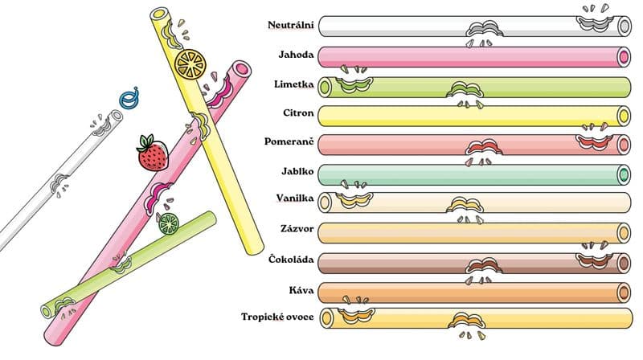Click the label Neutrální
pyautogui.click(x=291, y=25)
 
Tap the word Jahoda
pyautogui.click(x=296, y=55)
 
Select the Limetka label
pyautogui.click(x=294, y=84)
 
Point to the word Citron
pyautogui.click(x=298, y=112)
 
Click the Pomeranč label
pyautogui.click(x=289, y=142)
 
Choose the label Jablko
pyautogui.click(x=297, y=171)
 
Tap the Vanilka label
pyautogui.click(x=295, y=198)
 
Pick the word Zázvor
pyautogui.click(x=297, y=228)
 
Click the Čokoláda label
pyautogui.click(x=291, y=259)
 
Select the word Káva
pyautogui.click(x=301, y=290)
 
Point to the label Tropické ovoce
pyautogui.click(x=277, y=317)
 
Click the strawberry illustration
pyautogui.click(x=153, y=153)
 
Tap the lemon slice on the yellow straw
pyautogui.click(x=190, y=64)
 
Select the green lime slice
pyautogui.click(x=169, y=224)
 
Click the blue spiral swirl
pyautogui.click(x=129, y=98)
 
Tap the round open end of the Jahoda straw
pyautogui.click(x=625, y=57)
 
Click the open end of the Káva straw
pyautogui.click(x=625, y=292)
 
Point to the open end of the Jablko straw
pyautogui.click(x=625, y=175)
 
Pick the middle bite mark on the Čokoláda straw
pyautogui.click(x=485, y=266)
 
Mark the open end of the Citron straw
pyautogui.click(x=625, y=116)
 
